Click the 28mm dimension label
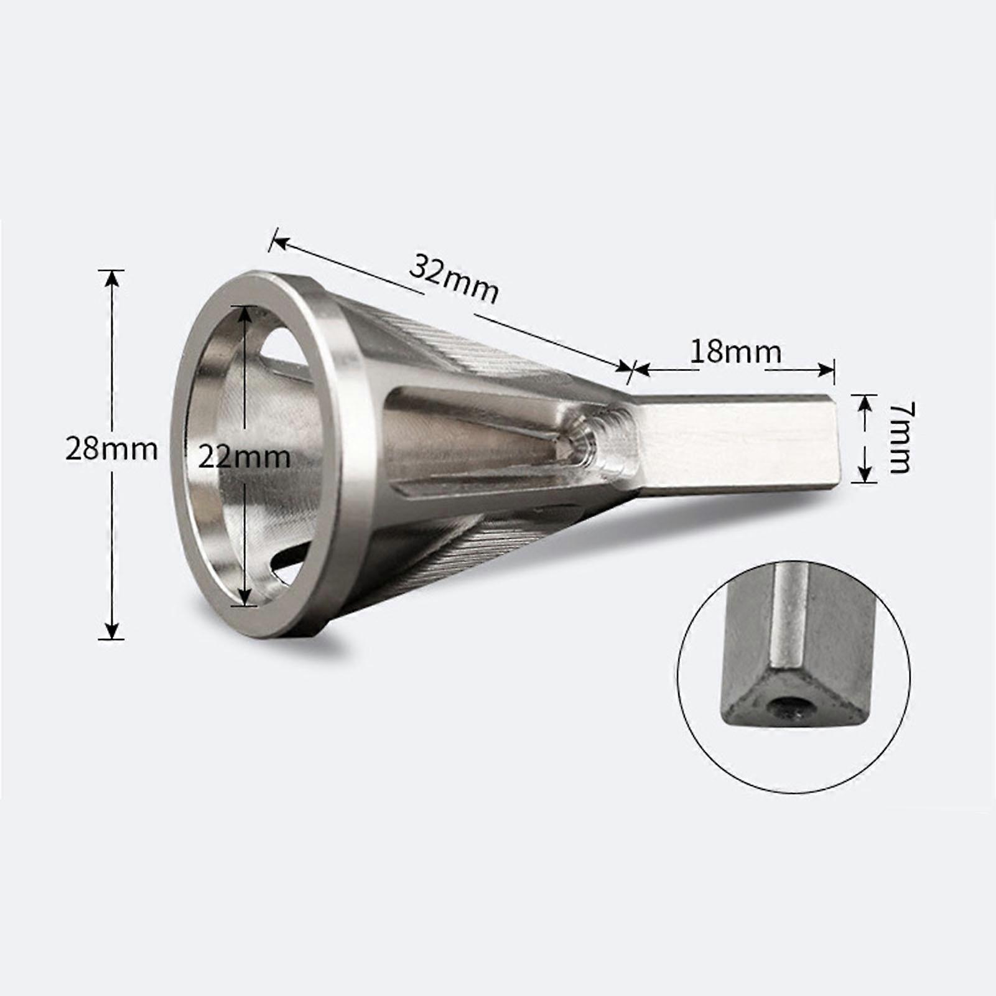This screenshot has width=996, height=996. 112,450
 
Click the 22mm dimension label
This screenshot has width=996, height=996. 244,458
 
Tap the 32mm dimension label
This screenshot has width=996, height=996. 454,278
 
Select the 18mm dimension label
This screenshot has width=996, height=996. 736,352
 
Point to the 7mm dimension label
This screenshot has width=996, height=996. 900,438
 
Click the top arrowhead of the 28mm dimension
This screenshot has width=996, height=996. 111,277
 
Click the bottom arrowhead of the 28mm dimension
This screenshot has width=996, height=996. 111,631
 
